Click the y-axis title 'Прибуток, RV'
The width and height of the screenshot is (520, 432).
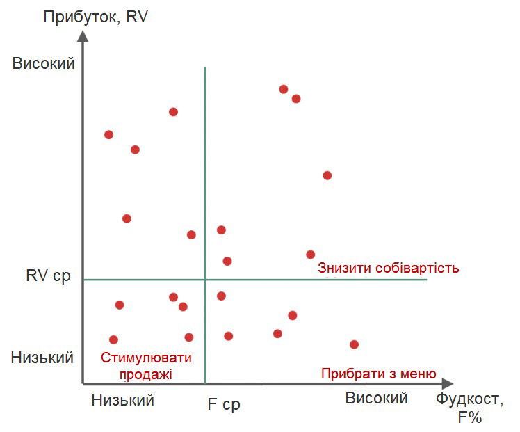(x=96, y=17)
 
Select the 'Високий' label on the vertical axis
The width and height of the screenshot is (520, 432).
(x=44, y=63)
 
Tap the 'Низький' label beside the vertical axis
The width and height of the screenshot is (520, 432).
(x=42, y=358)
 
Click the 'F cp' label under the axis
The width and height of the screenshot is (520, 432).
(x=224, y=404)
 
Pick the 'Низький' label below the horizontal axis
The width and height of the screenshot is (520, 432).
(x=123, y=399)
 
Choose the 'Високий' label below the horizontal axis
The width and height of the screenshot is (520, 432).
(x=377, y=399)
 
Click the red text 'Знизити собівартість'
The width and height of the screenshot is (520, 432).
(x=389, y=268)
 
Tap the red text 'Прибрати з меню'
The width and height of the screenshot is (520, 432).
(x=379, y=374)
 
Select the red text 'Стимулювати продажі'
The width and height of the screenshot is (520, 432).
(x=146, y=366)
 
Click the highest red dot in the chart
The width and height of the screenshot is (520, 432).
(x=284, y=89)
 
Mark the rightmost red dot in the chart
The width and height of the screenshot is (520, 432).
(x=354, y=344)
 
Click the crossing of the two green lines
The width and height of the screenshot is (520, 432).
(x=205, y=280)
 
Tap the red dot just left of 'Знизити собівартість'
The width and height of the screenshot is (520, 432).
(x=311, y=255)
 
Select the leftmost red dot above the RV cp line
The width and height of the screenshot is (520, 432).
(x=108, y=134)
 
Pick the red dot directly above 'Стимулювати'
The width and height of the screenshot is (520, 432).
(x=114, y=339)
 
